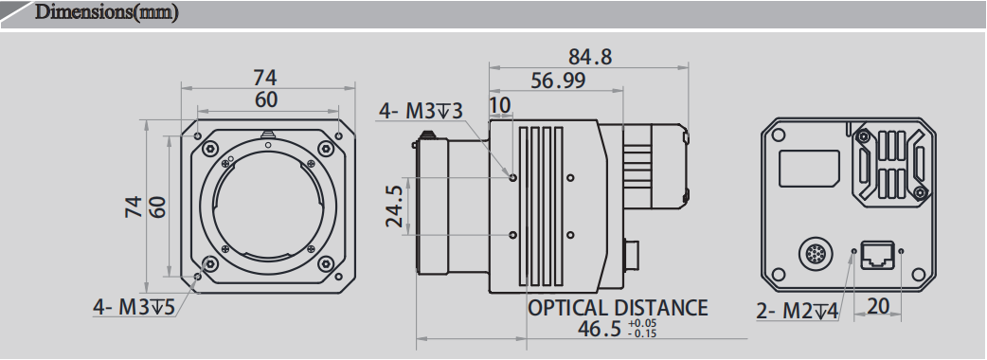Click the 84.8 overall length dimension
click(589, 57)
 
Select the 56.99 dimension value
click(557, 81)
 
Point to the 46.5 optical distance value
click(600, 329)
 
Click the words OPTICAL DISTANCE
click(617, 307)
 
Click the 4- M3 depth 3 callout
click(422, 112)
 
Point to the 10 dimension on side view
click(500, 103)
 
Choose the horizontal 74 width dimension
click(266, 77)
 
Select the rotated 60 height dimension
click(157, 207)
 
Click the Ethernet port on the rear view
click(878, 253)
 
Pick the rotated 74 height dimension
click(134, 207)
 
